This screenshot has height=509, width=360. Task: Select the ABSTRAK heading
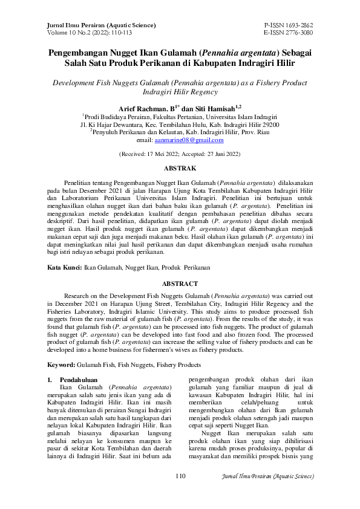tap(180, 167)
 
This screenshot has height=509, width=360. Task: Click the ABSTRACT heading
tap(180, 284)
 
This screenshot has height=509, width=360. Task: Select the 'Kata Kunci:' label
tap(65, 266)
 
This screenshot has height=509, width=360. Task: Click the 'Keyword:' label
tap(62, 366)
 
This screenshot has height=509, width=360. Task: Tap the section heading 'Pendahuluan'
tap(79, 379)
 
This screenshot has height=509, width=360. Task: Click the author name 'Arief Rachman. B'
tap(151, 107)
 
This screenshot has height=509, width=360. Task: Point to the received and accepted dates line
tap(180, 154)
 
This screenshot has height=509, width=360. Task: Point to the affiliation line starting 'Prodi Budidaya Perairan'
tap(180, 116)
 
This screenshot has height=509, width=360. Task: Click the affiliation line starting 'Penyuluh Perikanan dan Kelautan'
tap(180, 132)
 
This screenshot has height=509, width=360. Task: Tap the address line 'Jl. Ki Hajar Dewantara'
tap(180, 124)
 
